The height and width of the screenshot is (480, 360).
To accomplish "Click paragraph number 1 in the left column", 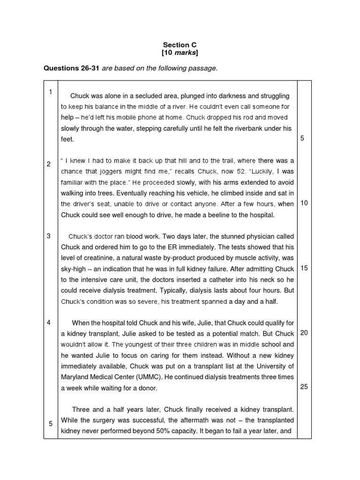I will pyautogui.click(x=50, y=92).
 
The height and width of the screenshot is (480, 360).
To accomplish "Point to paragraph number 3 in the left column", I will pyautogui.click(x=49, y=236).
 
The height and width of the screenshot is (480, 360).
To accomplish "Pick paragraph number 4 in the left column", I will pyautogui.click(x=49, y=322).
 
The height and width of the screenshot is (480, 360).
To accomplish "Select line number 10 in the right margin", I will pyautogui.click(x=304, y=203).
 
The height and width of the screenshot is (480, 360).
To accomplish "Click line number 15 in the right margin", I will pyautogui.click(x=304, y=268).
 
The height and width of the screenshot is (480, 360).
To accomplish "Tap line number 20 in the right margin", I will pyautogui.click(x=304, y=333).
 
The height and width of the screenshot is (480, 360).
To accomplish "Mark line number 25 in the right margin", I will pyautogui.click(x=304, y=387).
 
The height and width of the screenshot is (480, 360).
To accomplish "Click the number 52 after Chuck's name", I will pyautogui.click(x=238, y=172).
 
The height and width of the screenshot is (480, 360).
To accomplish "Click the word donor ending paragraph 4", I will pyautogui.click(x=149, y=388).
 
